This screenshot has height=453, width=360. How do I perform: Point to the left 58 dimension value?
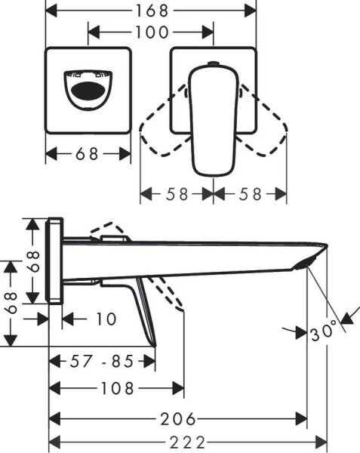(x=177, y=193)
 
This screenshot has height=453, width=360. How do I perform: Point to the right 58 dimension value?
(x=250, y=193)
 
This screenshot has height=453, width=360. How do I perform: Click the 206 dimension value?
(x=178, y=418)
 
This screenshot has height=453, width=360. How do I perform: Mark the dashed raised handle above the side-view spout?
(x=106, y=231)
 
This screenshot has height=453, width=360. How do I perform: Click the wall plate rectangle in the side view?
(x=55, y=261)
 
